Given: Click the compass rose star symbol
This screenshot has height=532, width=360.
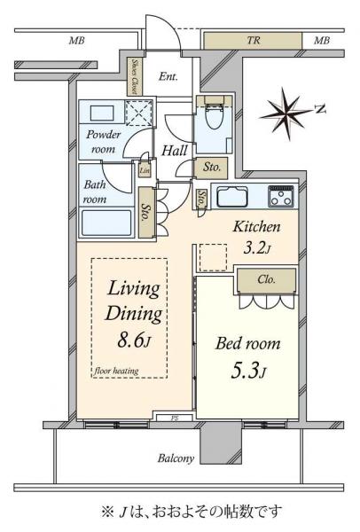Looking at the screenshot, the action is (286, 113).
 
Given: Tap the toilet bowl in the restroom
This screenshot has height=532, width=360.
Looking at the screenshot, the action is (215, 115).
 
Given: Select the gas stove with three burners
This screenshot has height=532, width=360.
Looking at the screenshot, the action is (281, 196).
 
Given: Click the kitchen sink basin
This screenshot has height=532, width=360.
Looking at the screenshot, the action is (232, 197).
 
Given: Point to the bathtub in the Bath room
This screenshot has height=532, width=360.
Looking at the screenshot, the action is (106, 223).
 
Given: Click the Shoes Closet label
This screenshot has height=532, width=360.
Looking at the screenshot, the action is (135, 76).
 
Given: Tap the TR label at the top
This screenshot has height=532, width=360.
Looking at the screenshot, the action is (254, 41).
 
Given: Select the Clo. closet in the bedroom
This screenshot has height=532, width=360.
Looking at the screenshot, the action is (266, 280).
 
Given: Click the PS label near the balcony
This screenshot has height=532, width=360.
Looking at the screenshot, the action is (174, 418).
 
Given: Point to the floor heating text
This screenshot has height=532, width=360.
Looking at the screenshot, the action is (116, 371).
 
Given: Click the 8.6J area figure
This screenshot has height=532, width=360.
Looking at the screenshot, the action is (133, 340).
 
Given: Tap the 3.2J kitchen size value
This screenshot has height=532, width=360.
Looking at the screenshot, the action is (257, 248).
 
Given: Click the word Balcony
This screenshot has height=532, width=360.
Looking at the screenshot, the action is (176, 458).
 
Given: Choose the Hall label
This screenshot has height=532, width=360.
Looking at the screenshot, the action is (175, 151).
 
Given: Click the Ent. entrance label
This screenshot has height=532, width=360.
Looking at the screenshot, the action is (168, 76).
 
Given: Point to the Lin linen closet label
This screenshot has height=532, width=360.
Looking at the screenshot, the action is (145, 170).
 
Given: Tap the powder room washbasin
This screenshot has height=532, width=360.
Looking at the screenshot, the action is (102, 113).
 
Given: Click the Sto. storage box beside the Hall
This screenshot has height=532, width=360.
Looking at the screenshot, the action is (211, 168).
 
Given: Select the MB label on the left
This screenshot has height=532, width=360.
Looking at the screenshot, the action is (76, 41).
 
